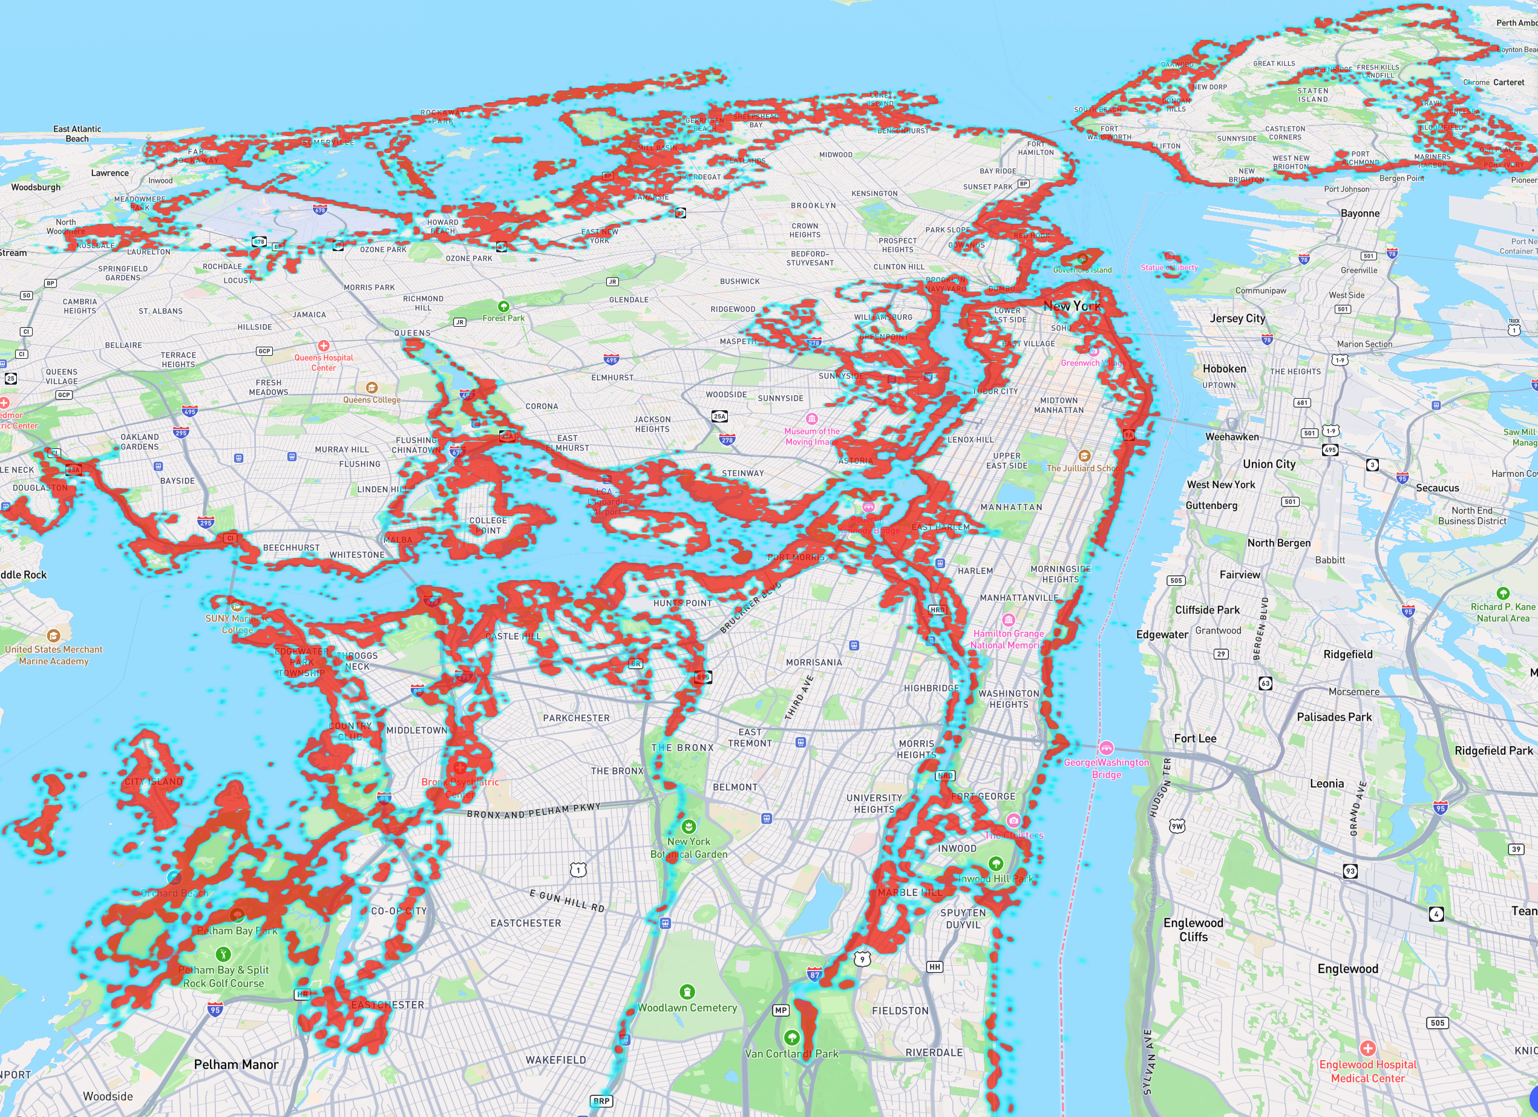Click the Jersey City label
[1237, 318]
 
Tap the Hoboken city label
[1224, 369]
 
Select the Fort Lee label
[1195, 739]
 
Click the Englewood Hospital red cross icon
[1368, 1048]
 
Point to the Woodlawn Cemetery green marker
[687, 992]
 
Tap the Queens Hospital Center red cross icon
[324, 346]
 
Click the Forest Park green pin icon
[503, 307]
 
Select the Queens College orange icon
[371, 388]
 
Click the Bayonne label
[1360, 213]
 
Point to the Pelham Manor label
[236, 1064]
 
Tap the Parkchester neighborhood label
[576, 718]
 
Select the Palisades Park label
[1334, 717]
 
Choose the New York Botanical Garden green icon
[689, 826]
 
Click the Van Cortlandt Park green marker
[791, 1037]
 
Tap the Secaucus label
[1437, 488]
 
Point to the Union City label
[1269, 464]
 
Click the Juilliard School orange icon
[1084, 456]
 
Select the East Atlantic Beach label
[77, 134]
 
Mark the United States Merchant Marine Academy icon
[54, 635]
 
